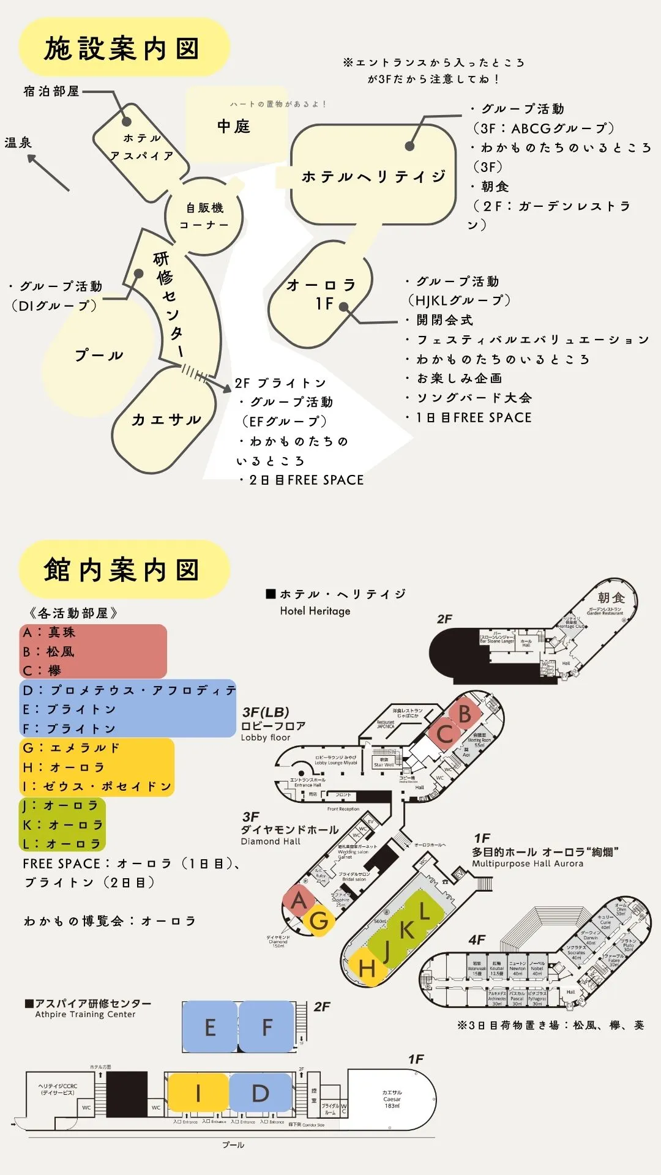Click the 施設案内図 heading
122,49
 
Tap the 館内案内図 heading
122,570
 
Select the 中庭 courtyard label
234,127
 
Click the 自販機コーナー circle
204,216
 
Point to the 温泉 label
18,143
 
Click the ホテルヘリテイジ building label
373,177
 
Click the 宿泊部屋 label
51,91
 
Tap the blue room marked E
210,1027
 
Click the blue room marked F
267,1027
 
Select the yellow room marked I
198,1092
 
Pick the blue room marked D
261,1092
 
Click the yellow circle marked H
367,968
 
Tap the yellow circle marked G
319,920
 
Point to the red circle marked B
465,714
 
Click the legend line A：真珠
49,632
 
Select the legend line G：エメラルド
71,748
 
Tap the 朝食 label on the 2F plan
611,597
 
